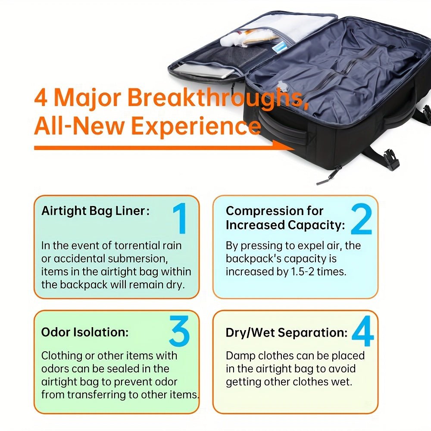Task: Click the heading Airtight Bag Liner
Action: tap(95, 211)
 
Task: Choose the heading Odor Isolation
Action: tap(85, 332)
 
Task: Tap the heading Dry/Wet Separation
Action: tap(287, 333)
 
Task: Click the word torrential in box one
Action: tap(131, 245)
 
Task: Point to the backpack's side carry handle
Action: tap(284, 130)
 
